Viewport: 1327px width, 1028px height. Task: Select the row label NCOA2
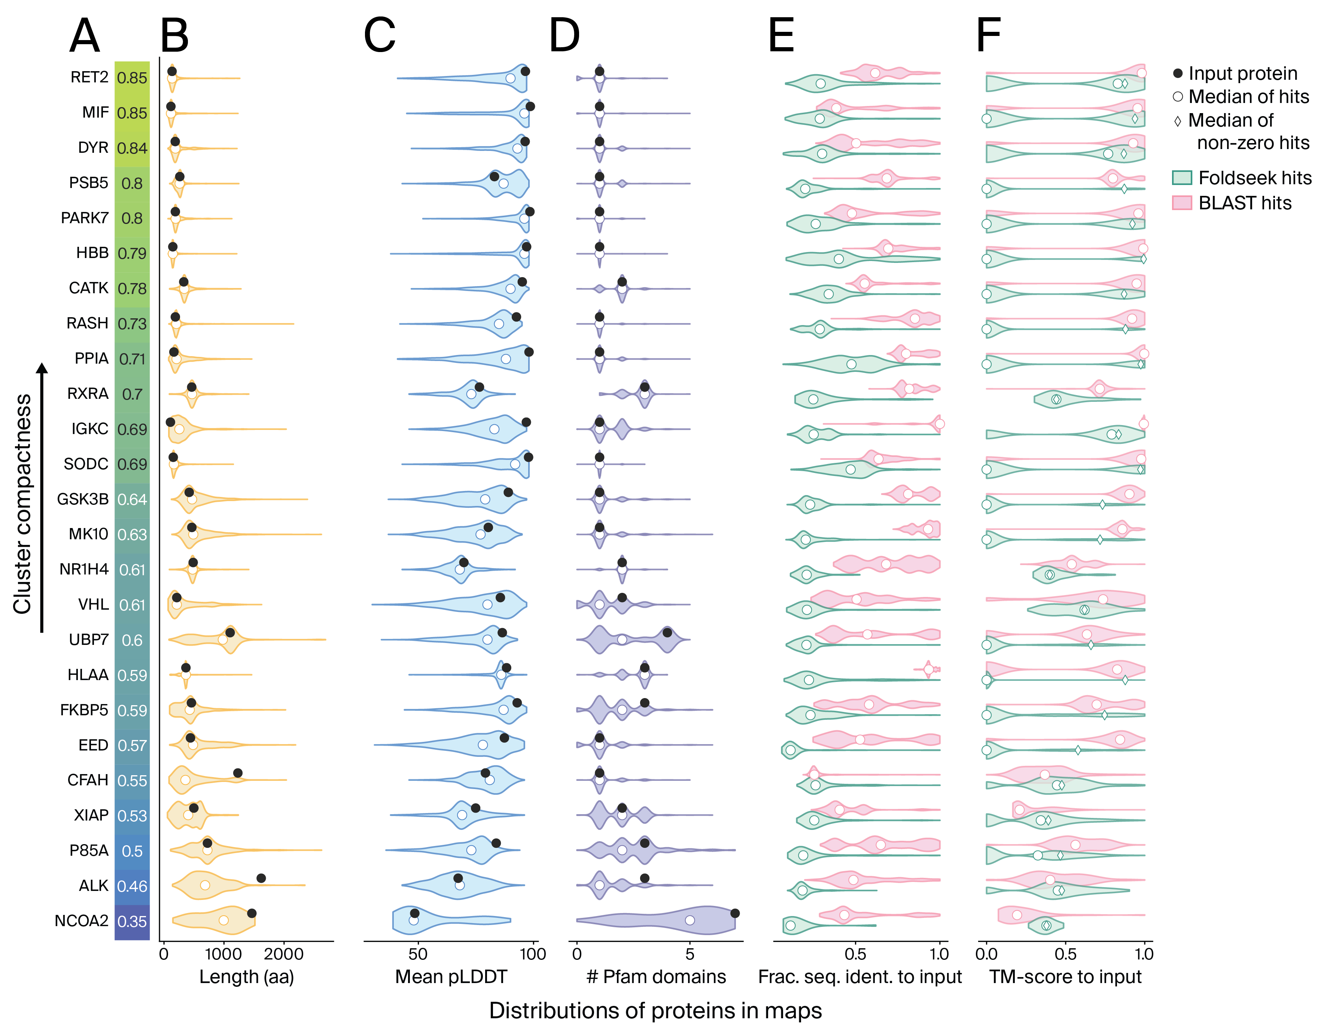(x=82, y=921)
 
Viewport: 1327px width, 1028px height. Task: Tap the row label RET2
(x=89, y=77)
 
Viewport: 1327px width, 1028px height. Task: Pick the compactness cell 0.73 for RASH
(x=132, y=324)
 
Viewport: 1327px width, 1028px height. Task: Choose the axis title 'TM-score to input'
(x=1065, y=977)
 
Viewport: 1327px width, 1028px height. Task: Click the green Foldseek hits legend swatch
(x=1182, y=178)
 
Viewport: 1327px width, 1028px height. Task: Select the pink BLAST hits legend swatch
(x=1182, y=203)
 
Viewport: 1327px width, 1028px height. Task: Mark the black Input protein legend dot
(x=1178, y=73)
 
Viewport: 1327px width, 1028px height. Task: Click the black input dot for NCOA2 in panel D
(x=734, y=913)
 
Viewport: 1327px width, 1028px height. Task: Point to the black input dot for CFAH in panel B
(x=238, y=773)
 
